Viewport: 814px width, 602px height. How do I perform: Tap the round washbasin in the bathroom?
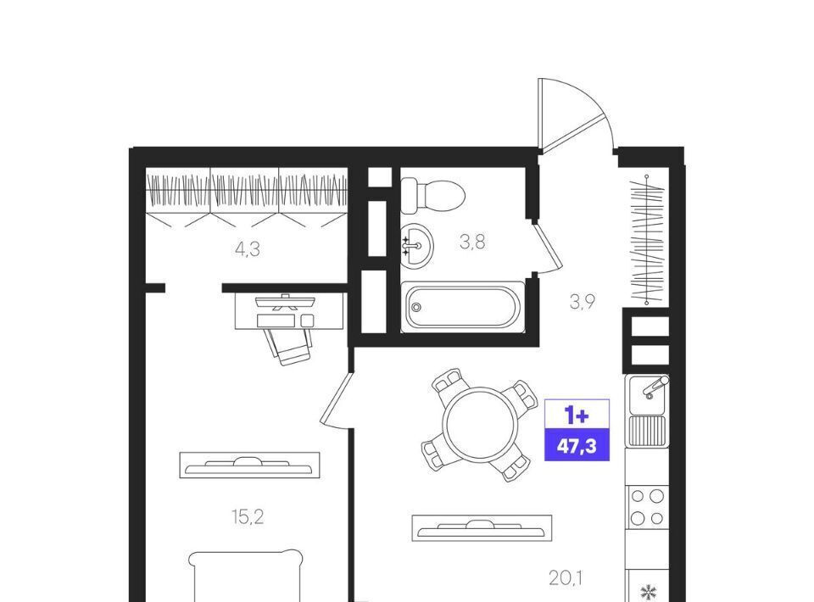click(x=416, y=245)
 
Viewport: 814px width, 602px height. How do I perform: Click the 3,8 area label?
click(x=472, y=242)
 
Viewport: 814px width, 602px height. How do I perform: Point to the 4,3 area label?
click(x=247, y=249)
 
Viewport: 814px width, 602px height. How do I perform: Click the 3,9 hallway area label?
click(x=583, y=302)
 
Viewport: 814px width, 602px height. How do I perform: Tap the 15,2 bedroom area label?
click(x=247, y=517)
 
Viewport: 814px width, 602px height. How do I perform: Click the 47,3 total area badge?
click(x=577, y=446)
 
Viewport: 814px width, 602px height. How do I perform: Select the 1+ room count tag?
click(x=577, y=415)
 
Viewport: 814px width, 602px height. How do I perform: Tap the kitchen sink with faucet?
click(x=647, y=395)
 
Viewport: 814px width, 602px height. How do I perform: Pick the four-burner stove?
click(x=647, y=506)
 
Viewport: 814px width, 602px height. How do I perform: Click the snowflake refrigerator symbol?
click(x=647, y=591)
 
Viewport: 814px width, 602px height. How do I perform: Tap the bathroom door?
click(x=546, y=246)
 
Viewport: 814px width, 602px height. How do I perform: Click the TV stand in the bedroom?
click(x=249, y=465)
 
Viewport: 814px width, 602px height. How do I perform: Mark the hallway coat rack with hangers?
click(x=647, y=240)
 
